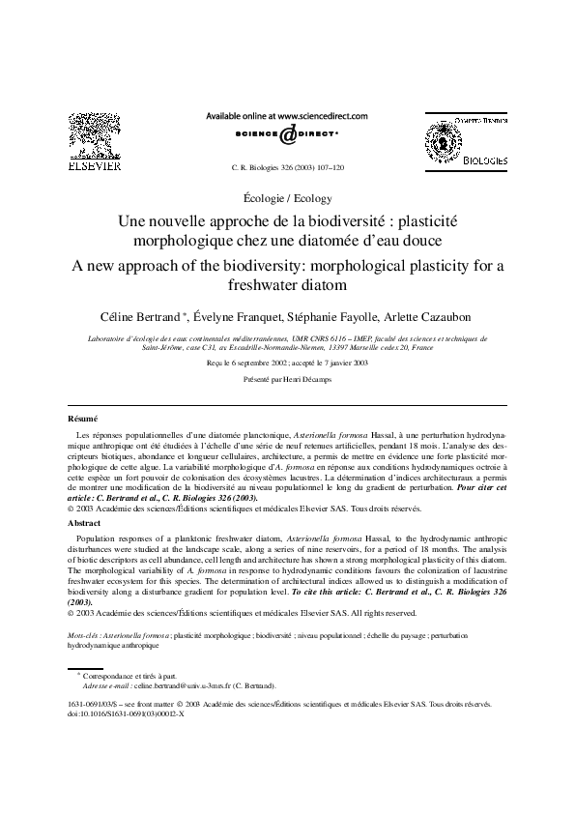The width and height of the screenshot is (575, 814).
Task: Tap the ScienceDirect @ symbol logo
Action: (287, 136)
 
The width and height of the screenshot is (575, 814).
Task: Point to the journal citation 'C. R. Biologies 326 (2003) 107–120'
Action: (288, 167)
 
